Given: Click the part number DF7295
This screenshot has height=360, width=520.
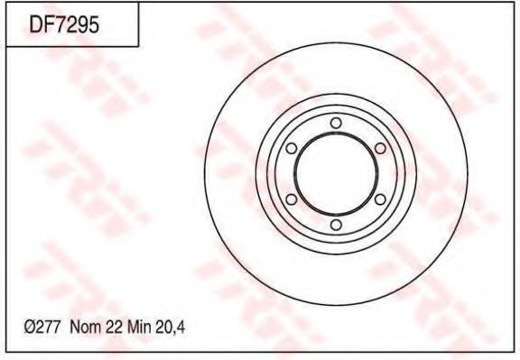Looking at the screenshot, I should tap(63, 26).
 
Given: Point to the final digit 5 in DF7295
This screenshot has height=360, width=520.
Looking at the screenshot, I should tap(91, 26).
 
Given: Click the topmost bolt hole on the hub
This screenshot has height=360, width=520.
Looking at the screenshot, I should tap(335, 123).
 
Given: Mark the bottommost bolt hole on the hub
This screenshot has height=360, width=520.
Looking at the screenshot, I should tap(335, 225).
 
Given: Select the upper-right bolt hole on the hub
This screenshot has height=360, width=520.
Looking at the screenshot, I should tap(380, 148).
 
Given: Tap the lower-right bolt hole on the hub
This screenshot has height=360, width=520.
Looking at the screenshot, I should tap(380, 199).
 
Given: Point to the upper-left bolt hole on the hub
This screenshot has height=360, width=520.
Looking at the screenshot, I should tap(291, 148).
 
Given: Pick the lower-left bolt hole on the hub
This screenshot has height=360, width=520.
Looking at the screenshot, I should tap(291, 199).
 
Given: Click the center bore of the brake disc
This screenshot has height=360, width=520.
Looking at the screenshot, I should tap(335, 174).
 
